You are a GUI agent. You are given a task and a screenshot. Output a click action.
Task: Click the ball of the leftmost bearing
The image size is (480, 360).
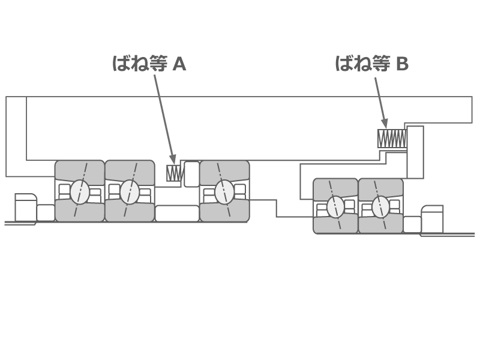pyautogui.click(x=80, y=192)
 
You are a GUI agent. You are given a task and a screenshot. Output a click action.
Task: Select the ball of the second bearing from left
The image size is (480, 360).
pyautogui.click(x=130, y=192)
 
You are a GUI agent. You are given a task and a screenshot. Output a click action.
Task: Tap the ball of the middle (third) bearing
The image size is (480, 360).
pyautogui.click(x=224, y=192)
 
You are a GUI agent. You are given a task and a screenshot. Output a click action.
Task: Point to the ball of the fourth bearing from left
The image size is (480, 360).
pyautogui.click(x=335, y=207)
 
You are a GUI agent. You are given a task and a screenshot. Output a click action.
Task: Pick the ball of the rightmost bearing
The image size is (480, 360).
pyautogui.click(x=380, y=207)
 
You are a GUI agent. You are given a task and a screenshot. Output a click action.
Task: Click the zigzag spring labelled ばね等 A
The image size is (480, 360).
pyautogui.click(x=174, y=173)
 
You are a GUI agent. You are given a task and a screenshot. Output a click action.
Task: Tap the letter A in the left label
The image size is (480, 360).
pyautogui.click(x=179, y=64)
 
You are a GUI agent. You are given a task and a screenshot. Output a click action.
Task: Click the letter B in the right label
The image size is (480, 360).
pyautogui.click(x=402, y=64)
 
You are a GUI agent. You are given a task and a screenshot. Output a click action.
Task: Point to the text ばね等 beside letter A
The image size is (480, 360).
pyautogui.click(x=140, y=64)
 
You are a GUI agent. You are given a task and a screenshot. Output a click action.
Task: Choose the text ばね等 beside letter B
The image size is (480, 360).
pyautogui.click(x=362, y=64)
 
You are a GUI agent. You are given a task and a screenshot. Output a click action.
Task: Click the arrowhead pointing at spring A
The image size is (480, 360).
pyautogui.click(x=173, y=159)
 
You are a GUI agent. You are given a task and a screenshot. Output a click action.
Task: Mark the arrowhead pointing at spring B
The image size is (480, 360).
pyautogui.click(x=385, y=123)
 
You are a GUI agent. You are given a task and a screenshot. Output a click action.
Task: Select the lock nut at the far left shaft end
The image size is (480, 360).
pyautogui.click(x=26, y=208)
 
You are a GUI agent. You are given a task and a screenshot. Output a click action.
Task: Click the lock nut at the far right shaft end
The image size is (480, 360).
pyautogui.click(x=432, y=220)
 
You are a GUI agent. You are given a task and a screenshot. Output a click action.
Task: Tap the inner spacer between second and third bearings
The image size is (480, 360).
pyautogui.click(x=177, y=213)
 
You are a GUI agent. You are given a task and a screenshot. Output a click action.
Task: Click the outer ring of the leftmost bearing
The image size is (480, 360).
pyautogui.click(x=80, y=169)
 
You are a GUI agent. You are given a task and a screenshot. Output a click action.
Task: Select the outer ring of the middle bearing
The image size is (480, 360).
pyautogui.click(x=224, y=169)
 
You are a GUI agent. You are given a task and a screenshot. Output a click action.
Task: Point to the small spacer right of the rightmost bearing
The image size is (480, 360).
pyautogui.click(x=412, y=224)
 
